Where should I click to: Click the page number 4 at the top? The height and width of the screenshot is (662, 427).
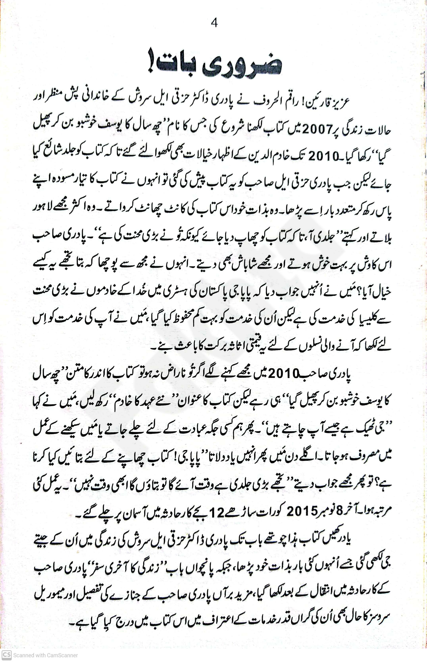214,23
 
